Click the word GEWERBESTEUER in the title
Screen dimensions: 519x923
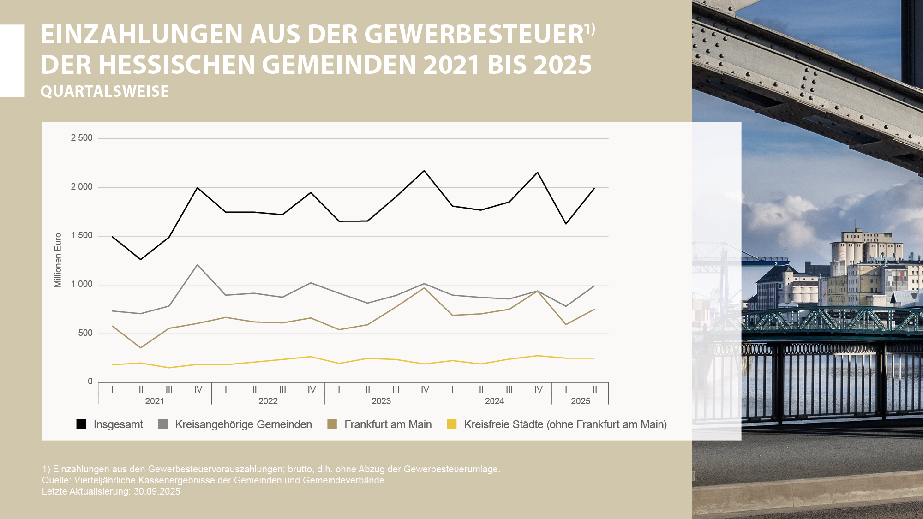pos(474,35)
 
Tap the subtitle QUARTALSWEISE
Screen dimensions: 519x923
pos(105,91)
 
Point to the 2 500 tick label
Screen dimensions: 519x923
pos(82,138)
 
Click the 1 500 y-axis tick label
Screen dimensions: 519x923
pos(82,235)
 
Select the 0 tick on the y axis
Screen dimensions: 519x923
pos(90,382)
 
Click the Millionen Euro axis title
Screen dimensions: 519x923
pos(58,260)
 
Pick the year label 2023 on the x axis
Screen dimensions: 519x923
pos(381,401)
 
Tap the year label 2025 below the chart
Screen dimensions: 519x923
pos(580,401)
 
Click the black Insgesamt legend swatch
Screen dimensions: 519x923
pos(81,424)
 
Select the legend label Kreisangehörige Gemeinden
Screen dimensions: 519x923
pos(243,424)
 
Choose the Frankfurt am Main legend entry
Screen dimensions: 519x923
pos(388,424)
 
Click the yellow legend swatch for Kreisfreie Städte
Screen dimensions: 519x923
pos(452,424)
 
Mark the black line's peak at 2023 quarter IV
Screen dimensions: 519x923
pos(424,171)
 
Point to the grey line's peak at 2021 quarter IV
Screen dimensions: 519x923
pos(198,265)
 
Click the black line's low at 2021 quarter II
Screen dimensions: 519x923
pos(141,259)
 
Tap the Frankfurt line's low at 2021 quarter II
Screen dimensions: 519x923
pos(141,347)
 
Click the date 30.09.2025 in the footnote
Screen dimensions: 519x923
pos(157,491)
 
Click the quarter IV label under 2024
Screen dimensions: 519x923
pos(538,389)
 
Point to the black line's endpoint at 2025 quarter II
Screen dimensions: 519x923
pos(594,188)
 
